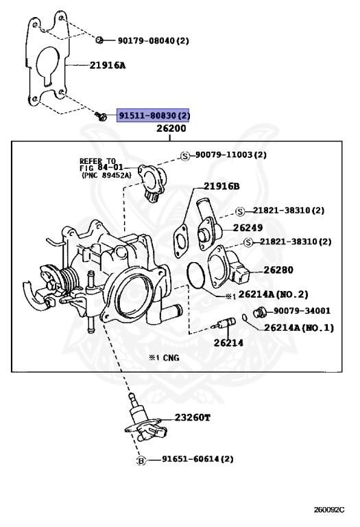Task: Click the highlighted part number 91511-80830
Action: [x=154, y=116]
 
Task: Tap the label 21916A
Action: [x=109, y=66]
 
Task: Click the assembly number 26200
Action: [x=171, y=129]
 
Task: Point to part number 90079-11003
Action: [x=230, y=156]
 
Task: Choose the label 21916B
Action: [x=221, y=186]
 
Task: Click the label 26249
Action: [x=248, y=227]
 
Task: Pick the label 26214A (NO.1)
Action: [x=298, y=327]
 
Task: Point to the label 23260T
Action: [x=193, y=417]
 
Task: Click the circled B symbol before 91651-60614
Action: [x=141, y=460]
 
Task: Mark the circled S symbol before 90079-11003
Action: [x=184, y=156]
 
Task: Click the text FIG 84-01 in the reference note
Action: [x=101, y=168]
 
